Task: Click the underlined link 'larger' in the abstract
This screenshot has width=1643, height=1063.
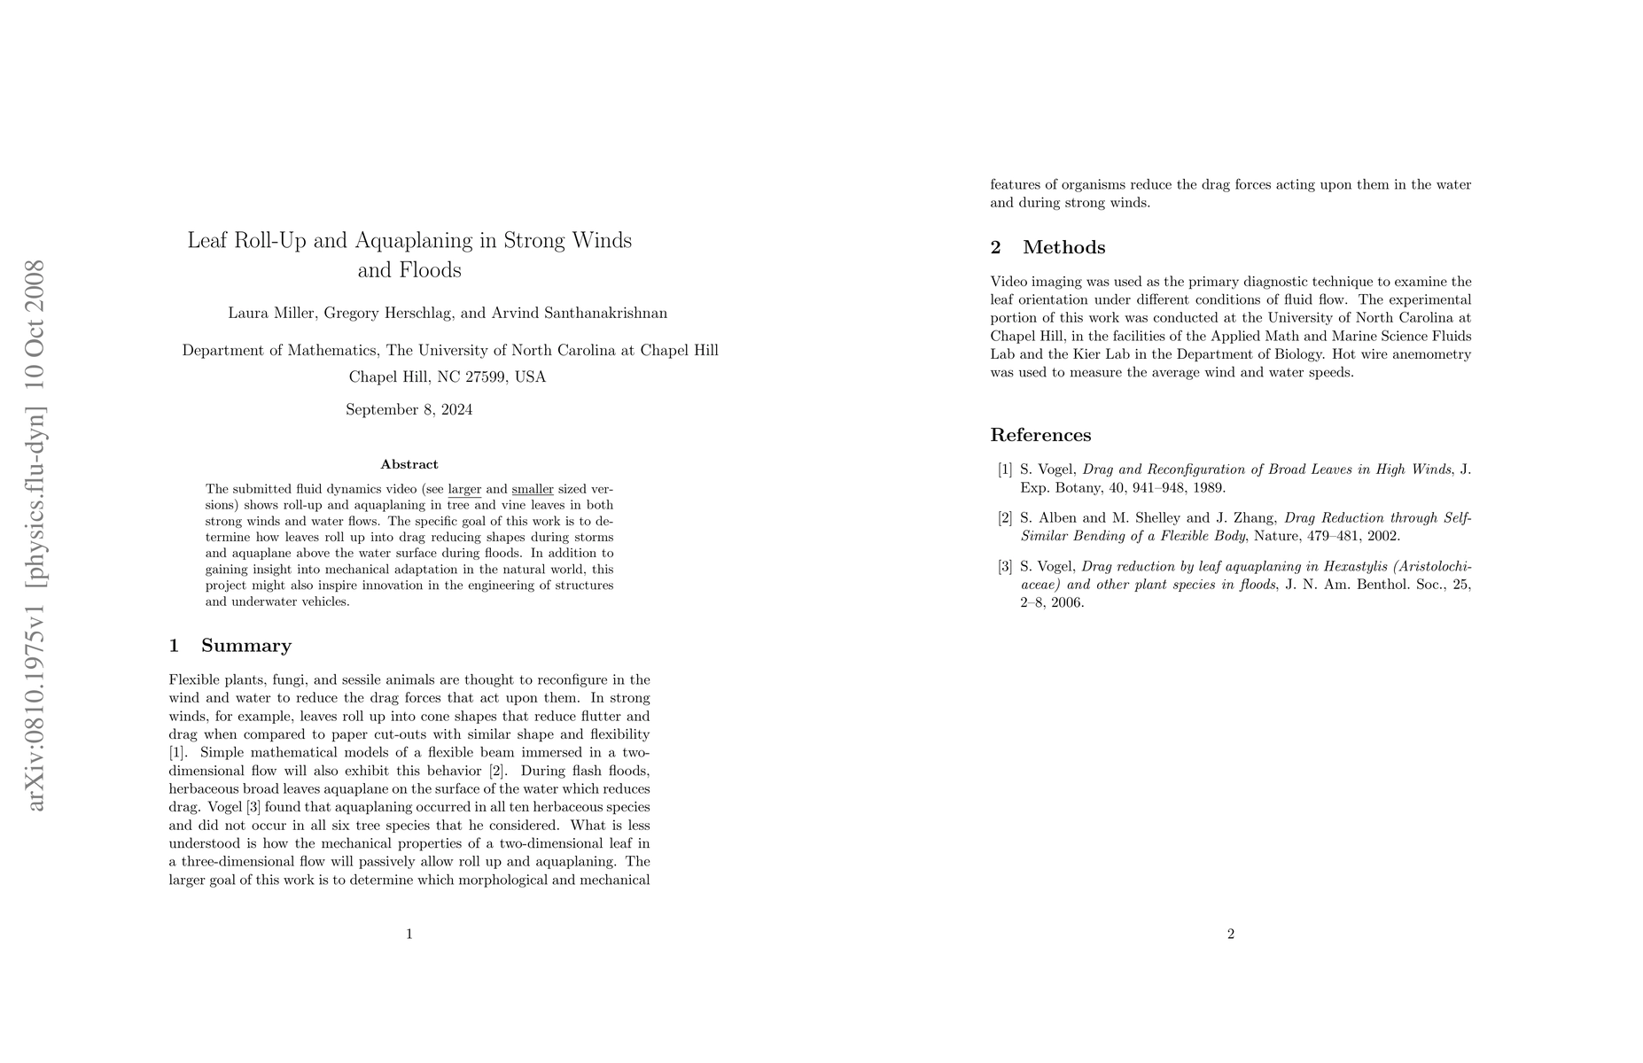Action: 464,489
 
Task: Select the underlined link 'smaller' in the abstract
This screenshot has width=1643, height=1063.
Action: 533,489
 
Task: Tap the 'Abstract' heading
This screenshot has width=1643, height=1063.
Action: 409,464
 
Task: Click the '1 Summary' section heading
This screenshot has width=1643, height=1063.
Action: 230,646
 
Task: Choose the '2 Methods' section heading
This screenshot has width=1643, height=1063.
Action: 1048,247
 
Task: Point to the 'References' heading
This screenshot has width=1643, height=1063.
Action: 1040,435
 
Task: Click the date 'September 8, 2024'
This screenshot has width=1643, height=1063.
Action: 409,409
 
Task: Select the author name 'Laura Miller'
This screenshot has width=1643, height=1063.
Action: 271,313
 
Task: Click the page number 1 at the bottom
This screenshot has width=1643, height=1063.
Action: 409,934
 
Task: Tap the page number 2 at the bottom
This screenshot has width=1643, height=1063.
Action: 1231,934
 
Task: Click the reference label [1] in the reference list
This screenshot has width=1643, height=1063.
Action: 1005,469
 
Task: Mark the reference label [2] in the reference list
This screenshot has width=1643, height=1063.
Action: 1005,518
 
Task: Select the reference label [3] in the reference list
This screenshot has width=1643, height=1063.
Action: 1005,567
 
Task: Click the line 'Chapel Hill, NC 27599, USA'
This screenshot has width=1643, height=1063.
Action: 447,377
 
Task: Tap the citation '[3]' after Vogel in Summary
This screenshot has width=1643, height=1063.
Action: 253,807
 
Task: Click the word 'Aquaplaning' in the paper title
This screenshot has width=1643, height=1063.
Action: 423,240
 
